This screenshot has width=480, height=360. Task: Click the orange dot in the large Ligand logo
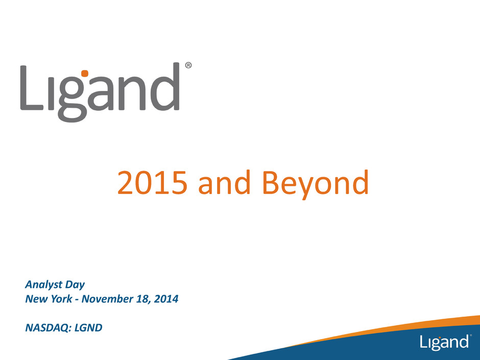[84, 73]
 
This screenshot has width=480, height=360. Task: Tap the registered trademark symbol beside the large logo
[188, 65]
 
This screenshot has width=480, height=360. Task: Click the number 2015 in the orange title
[152, 182]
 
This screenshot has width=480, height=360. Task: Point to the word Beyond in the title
[316, 184]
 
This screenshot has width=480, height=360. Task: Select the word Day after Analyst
[75, 285]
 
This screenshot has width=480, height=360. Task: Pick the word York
[61, 299]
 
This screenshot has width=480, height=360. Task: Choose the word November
[107, 299]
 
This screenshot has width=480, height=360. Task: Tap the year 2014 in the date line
[166, 299]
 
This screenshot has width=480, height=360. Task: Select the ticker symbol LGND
[88, 327]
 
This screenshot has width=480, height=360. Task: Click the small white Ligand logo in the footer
[444, 342]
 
